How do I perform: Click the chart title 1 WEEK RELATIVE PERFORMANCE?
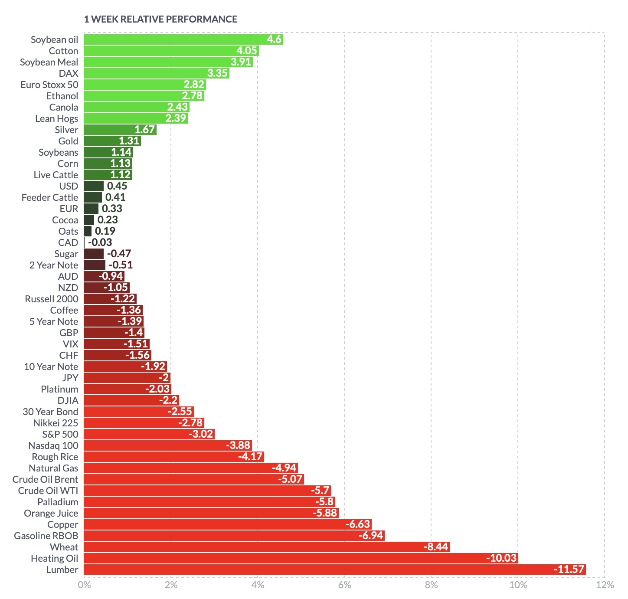(x=160, y=19)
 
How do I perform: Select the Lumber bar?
(x=334, y=570)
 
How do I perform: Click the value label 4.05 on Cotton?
(x=247, y=51)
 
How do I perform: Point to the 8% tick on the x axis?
(x=431, y=585)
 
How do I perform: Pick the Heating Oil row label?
(x=54, y=558)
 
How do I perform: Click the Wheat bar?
(x=266, y=547)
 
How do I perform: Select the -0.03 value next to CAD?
(x=100, y=242)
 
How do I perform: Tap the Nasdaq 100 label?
(x=53, y=445)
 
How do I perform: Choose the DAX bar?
(x=156, y=73)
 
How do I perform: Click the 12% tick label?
(x=605, y=585)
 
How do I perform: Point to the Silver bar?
(x=120, y=130)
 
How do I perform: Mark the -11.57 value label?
(x=569, y=570)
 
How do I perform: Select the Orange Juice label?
(x=51, y=513)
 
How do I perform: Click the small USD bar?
(x=94, y=186)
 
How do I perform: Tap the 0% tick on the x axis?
(x=84, y=585)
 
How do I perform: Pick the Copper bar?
(x=227, y=524)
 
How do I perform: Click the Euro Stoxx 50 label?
(x=49, y=85)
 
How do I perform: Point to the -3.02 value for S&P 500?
(x=201, y=434)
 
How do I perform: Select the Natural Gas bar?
(x=191, y=468)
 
